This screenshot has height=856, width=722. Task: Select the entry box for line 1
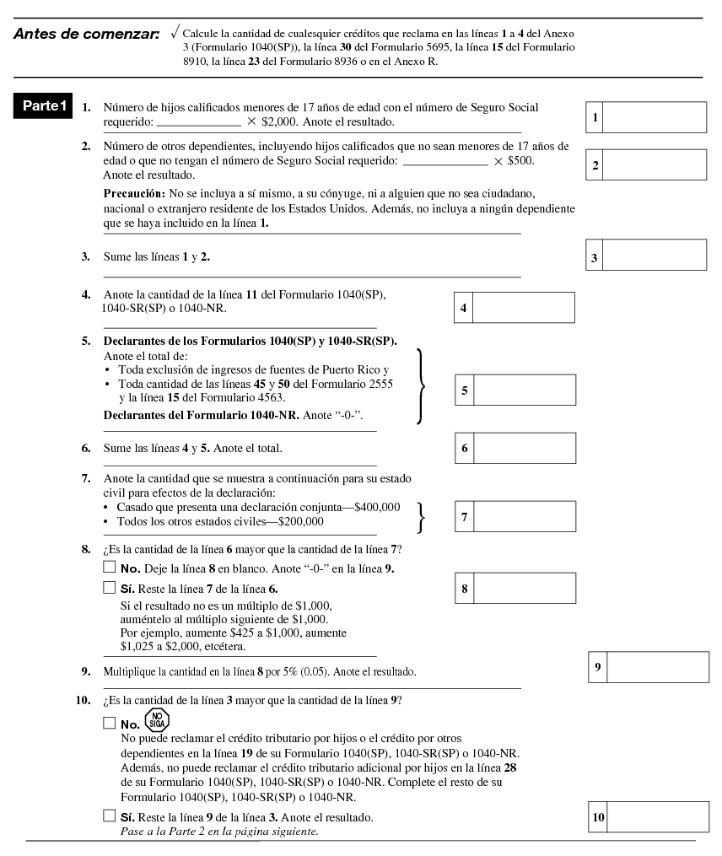pos(655,117)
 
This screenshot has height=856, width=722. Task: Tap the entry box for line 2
pos(655,164)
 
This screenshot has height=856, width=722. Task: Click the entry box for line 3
pos(655,256)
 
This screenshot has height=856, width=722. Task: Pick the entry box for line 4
pos(524,308)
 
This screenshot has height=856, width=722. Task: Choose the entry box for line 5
pos(524,390)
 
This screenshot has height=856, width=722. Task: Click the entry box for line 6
pos(524,448)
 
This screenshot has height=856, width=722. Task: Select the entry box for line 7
pos(524,516)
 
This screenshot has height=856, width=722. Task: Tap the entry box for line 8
pos(524,588)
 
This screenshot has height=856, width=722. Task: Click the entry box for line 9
pos(658,667)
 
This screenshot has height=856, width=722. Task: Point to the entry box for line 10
pos(658,817)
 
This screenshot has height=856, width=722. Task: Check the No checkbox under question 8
pos(108,568)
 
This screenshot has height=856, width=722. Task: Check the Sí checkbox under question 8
pos(108,587)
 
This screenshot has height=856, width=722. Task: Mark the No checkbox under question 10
pos(108,723)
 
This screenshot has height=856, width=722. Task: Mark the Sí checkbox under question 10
pos(108,816)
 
